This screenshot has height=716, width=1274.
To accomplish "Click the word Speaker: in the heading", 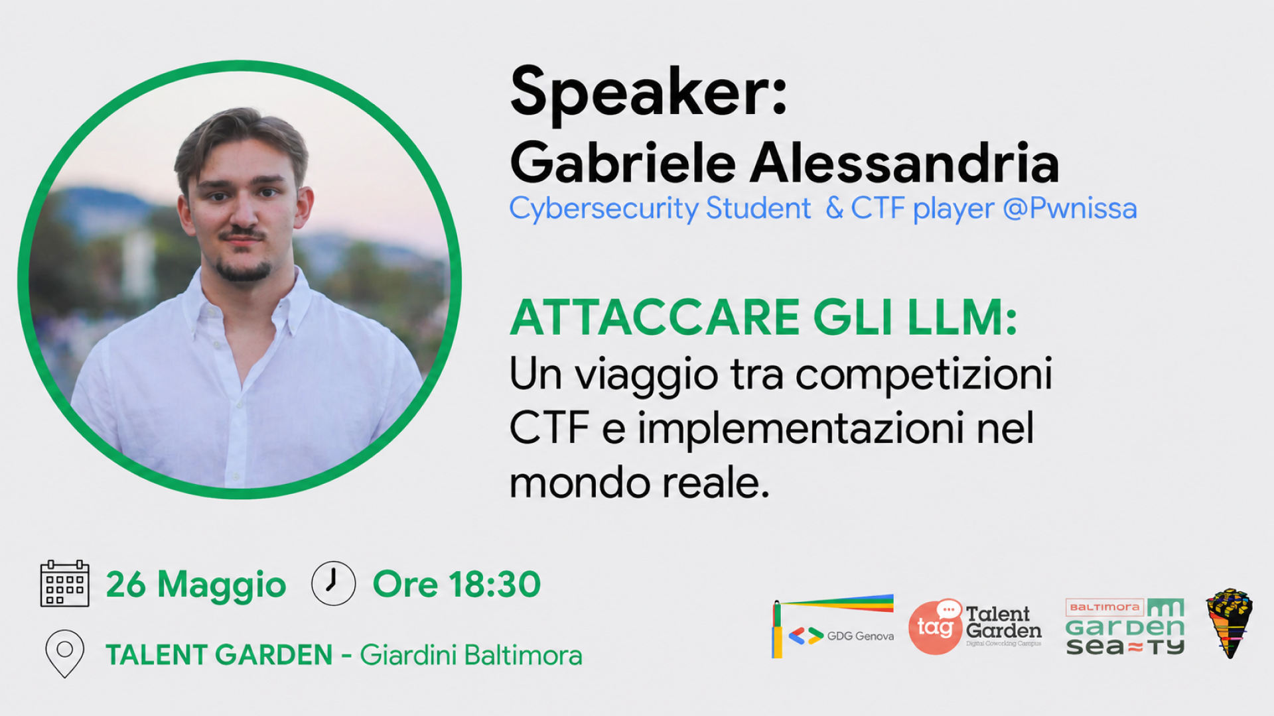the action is (648, 93).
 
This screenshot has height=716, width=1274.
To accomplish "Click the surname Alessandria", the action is (904, 163).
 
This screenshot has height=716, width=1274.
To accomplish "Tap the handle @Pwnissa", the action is (1070, 208).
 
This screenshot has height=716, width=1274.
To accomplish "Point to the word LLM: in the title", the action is (962, 318).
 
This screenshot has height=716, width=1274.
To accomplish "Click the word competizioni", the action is (924, 375).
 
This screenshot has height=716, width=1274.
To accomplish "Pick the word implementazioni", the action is (802, 429).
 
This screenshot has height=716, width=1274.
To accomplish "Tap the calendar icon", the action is (64, 583).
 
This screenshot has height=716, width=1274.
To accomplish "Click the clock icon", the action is (334, 583).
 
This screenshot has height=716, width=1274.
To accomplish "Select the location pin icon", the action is (64, 653).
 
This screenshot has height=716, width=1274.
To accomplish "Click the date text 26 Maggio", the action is (196, 585).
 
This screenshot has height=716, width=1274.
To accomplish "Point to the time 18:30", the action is (494, 585).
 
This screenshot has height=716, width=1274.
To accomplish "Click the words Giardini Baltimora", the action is (471, 655).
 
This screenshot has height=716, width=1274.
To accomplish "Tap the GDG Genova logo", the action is (833, 626).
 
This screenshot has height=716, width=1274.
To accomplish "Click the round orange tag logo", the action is (935, 626).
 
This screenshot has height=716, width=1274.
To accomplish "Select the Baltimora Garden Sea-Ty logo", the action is (1125, 626).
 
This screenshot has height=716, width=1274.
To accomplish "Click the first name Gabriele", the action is (623, 163).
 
